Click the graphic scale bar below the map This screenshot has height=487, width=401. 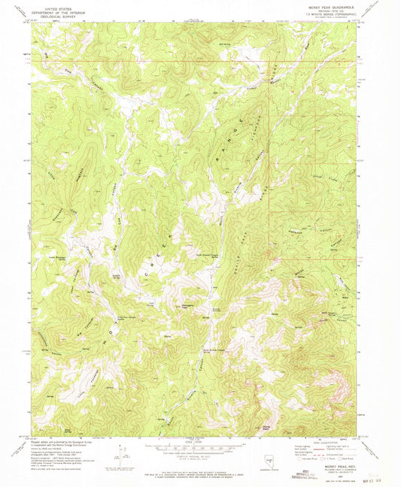200,449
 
